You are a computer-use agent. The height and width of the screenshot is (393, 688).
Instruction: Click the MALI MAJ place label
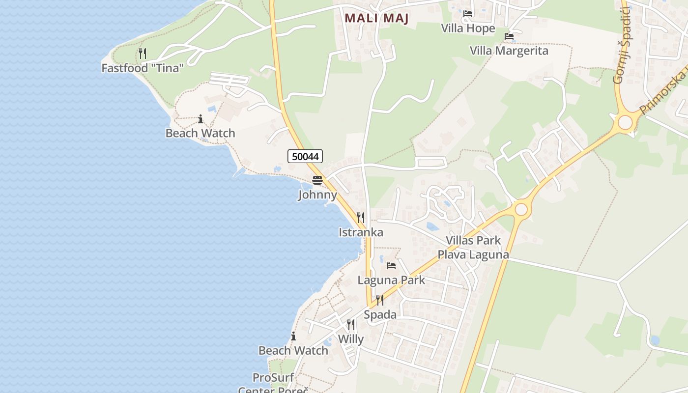click(377, 18)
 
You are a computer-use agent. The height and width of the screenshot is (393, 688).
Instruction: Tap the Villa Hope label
click(468, 28)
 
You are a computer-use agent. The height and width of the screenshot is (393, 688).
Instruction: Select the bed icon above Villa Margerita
click(509, 36)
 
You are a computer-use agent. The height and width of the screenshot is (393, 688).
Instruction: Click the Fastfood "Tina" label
click(143, 68)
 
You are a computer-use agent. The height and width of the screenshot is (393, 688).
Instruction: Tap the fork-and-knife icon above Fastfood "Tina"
click(143, 54)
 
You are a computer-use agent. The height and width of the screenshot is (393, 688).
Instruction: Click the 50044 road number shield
click(305, 157)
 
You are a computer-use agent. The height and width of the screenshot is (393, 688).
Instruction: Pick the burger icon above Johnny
click(317, 180)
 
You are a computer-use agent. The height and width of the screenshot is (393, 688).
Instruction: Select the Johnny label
click(317, 195)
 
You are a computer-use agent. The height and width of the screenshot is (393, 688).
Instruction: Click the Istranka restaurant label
click(361, 232)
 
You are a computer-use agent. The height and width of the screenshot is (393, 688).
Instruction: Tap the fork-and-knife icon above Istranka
click(361, 218)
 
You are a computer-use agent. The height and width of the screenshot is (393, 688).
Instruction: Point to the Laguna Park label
click(391, 280)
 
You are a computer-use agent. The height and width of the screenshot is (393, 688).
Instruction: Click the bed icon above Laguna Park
click(391, 266)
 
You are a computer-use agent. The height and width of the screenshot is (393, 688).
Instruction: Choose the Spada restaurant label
click(380, 314)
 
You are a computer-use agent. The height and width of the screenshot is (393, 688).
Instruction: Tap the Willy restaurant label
click(351, 339)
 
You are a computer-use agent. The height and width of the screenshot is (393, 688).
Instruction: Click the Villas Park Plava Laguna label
click(473, 248)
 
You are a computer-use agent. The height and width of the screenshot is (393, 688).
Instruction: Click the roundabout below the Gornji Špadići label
click(625, 122)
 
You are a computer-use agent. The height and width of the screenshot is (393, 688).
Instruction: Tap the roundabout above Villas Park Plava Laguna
click(521, 210)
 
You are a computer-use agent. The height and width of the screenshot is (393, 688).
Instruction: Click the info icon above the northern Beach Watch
click(201, 119)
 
